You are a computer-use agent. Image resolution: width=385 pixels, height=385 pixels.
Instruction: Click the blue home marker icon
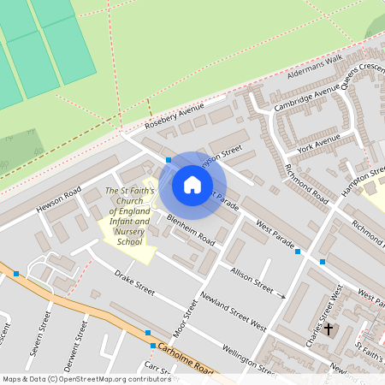click(192, 184)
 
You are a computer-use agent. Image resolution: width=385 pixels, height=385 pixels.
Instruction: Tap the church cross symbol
click(329, 327)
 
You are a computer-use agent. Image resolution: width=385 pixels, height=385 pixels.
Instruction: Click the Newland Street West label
click(233, 311)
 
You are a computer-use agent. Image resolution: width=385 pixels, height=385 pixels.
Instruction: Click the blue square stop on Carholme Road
click(149, 332)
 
